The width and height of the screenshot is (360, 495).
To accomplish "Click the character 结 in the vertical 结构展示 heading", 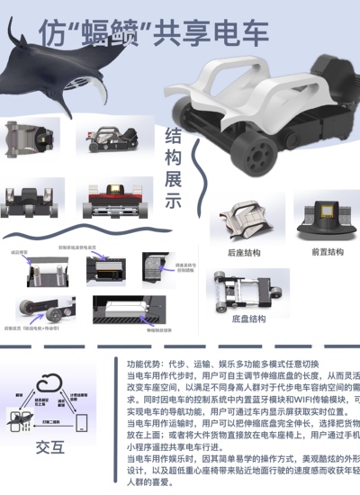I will tap(174, 136).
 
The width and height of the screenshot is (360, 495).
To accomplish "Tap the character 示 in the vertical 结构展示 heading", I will tap(174, 202).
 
